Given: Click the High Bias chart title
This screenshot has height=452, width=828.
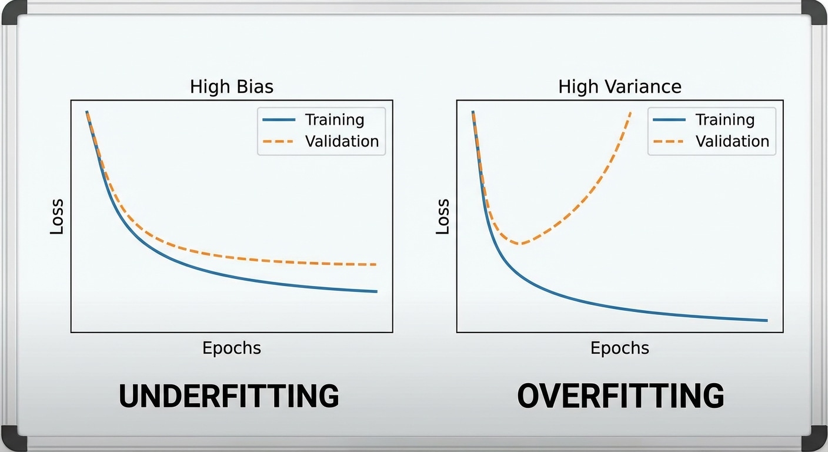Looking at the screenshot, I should pyautogui.click(x=232, y=87).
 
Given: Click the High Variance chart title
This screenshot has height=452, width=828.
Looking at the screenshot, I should pyautogui.click(x=620, y=87).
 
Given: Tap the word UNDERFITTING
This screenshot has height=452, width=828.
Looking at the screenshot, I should pyautogui.click(x=229, y=396).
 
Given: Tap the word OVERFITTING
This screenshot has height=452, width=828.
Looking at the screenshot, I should pyautogui.click(x=620, y=396).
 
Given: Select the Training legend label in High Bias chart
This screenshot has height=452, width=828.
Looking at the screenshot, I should pyautogui.click(x=335, y=120).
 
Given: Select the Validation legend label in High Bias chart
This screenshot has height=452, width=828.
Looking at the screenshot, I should pyautogui.click(x=342, y=141).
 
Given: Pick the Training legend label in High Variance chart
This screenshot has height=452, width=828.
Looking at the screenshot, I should pyautogui.click(x=725, y=120).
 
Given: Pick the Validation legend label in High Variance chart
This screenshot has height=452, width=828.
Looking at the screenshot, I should pyautogui.click(x=732, y=141).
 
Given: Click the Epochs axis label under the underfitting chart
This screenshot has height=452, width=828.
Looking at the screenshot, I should pyautogui.click(x=232, y=348).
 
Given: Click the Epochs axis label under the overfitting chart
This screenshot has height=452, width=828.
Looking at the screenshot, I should pyautogui.click(x=620, y=348).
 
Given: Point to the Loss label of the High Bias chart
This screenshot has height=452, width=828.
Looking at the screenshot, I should pyautogui.click(x=56, y=217).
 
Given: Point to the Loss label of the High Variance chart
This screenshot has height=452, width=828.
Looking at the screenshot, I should pyautogui.click(x=443, y=217).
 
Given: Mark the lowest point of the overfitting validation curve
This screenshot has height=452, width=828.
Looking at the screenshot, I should pyautogui.click(x=518, y=243).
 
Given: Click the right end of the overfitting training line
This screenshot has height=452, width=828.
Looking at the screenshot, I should pyautogui.click(x=767, y=320).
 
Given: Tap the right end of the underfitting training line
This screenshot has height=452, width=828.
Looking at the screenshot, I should pyautogui.click(x=376, y=291).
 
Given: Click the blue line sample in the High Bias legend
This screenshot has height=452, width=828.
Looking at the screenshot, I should pyautogui.click(x=279, y=120).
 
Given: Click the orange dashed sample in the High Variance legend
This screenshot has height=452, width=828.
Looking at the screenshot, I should pyautogui.click(x=669, y=141).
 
